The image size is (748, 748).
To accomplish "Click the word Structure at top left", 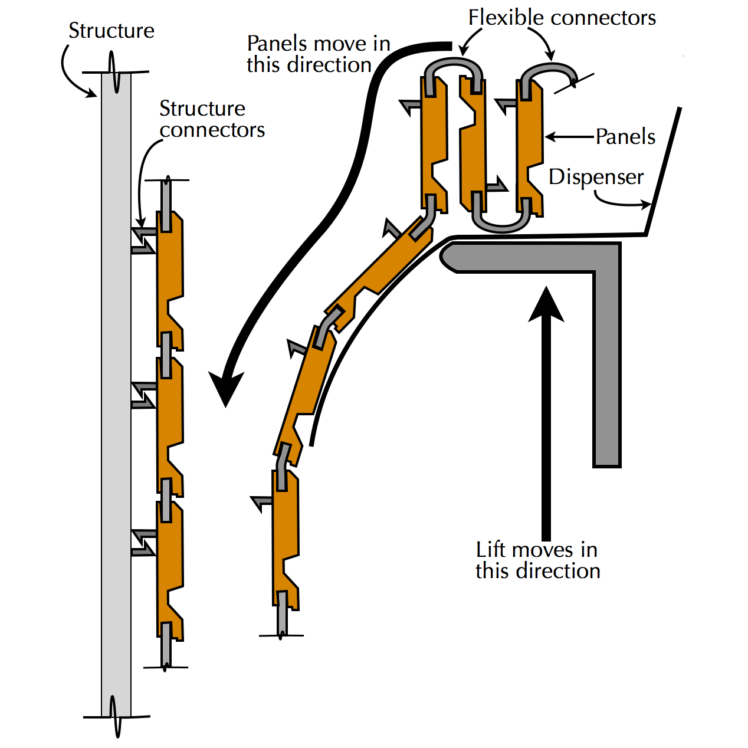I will click(111, 31).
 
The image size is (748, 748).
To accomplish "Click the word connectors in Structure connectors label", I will click(212, 130).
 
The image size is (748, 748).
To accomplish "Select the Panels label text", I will click(625, 137).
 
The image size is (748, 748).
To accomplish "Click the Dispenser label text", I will click(596, 177).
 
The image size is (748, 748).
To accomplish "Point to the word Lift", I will click(491, 550).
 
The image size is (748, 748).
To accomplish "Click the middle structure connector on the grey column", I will click(143, 395).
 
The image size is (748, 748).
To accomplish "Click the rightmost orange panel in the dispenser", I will click(529, 147).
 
